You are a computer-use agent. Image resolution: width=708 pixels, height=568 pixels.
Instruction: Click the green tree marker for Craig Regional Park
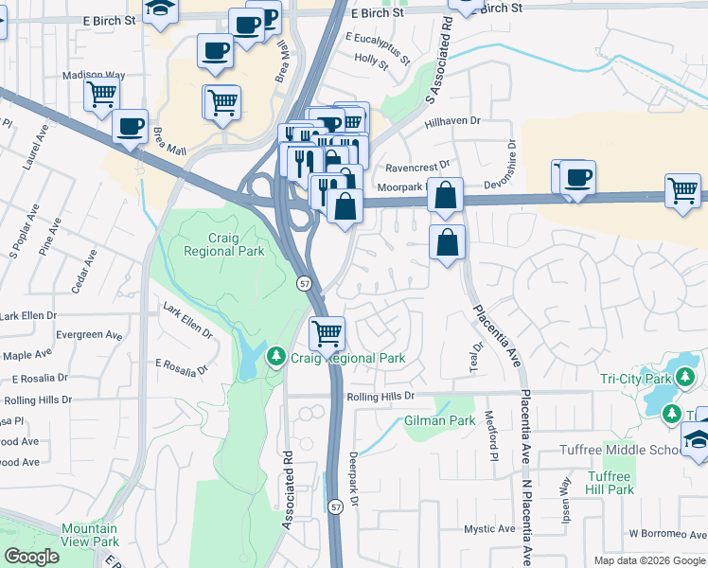pyautogui.click(x=276, y=357)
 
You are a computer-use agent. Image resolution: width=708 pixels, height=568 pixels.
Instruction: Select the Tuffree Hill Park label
pyautogui.click(x=610, y=483)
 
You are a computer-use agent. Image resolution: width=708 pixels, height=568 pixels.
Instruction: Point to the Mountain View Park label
pyautogui.click(x=89, y=535)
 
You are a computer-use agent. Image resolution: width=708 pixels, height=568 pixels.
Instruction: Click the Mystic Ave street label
pyautogui.click(x=488, y=528)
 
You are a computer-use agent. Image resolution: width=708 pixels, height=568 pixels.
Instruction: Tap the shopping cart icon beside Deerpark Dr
pyautogui.click(x=327, y=332)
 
